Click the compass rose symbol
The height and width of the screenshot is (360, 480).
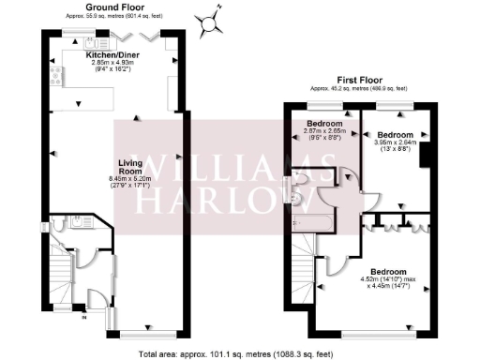(214, 19)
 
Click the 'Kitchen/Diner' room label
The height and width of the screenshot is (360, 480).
(112, 55)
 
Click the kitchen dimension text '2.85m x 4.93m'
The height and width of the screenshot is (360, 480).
(112, 63)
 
